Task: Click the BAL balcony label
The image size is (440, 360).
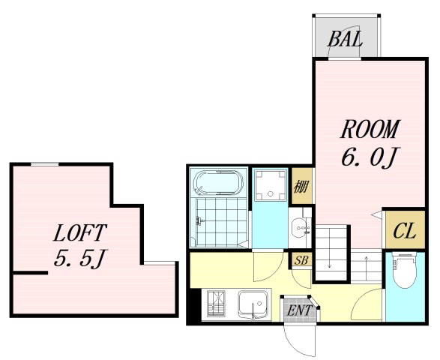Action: [x=345, y=39]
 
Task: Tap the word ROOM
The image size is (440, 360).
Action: [x=370, y=129]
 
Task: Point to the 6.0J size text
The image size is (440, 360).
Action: [x=370, y=157]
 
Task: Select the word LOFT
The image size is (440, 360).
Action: [x=80, y=232]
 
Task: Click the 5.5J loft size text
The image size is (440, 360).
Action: [x=80, y=258]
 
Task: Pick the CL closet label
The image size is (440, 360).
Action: [x=404, y=231]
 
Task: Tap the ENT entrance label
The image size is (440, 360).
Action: [x=299, y=310]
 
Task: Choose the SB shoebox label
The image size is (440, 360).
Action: [x=301, y=260]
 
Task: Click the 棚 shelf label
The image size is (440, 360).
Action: [x=301, y=186]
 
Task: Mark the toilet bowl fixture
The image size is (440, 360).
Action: [x=405, y=271]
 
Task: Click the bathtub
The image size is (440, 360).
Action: [x=219, y=182]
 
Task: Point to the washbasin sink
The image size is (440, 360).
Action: [x=301, y=227]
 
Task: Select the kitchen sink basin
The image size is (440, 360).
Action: [x=253, y=305]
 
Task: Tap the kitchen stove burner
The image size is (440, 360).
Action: [x=216, y=304]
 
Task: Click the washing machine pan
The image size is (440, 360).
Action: [x=271, y=185]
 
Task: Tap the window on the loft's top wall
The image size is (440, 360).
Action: [x=45, y=164]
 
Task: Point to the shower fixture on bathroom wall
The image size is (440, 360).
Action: [x=199, y=221]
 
